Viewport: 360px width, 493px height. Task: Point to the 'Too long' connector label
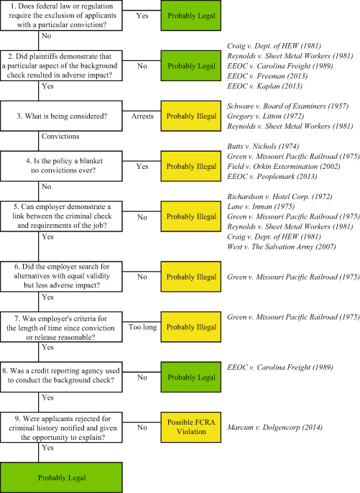click(142, 326)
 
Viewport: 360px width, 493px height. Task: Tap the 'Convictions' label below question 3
click(60, 136)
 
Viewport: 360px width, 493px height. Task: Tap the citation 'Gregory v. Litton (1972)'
click(260, 115)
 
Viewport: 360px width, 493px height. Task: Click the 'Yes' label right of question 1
click(142, 14)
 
